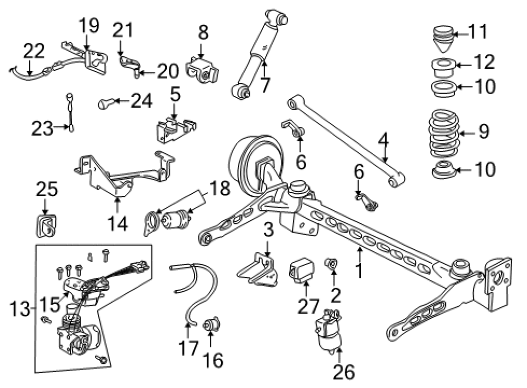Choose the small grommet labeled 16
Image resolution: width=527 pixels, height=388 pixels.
click(x=212, y=324)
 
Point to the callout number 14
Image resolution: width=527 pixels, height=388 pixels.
click(x=118, y=224)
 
